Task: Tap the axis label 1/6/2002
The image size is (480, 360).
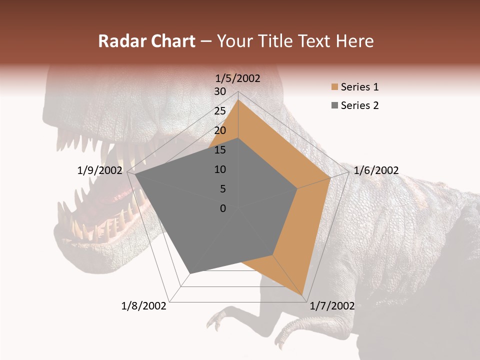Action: tap(376, 170)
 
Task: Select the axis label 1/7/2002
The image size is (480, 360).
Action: tap(332, 306)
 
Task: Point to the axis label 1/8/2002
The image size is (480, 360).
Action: tap(144, 306)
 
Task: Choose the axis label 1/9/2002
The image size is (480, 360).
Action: tap(100, 170)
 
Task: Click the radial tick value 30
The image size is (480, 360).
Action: tap(220, 91)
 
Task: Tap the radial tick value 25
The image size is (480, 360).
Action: tap(220, 111)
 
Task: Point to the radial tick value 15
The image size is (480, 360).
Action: tap(220, 150)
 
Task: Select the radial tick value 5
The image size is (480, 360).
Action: tap(222, 189)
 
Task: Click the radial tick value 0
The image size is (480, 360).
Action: tap(223, 208)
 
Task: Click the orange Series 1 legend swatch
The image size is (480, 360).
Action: tap(334, 87)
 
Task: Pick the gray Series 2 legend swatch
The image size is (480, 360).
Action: tap(334, 105)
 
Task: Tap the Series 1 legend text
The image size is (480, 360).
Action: tap(359, 87)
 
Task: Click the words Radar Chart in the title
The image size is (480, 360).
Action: tap(146, 41)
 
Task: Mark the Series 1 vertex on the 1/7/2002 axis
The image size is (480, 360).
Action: tap(302, 295)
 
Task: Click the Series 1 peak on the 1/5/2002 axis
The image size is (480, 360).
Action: tap(238, 99)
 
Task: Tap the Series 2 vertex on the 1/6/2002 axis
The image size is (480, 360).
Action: tap(297, 188)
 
